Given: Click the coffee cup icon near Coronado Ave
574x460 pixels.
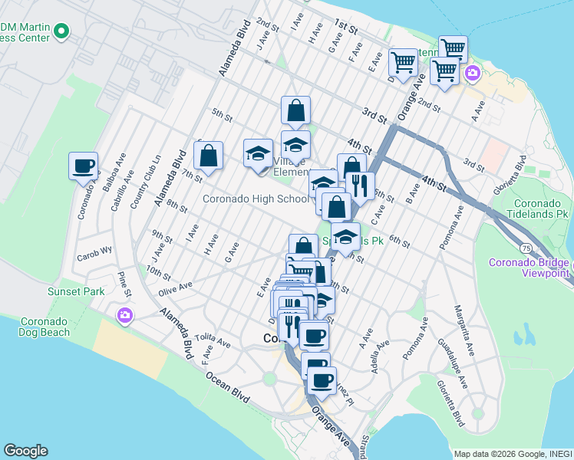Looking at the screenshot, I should pyautogui.click(x=84, y=166).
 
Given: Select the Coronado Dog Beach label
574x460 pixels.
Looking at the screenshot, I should pyautogui.click(x=35, y=327).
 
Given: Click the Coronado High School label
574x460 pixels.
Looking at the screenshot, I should pyautogui.click(x=256, y=199).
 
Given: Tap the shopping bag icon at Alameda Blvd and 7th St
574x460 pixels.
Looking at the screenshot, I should pyautogui.click(x=208, y=156).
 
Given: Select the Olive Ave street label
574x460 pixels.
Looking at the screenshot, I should pyautogui.click(x=175, y=286).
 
